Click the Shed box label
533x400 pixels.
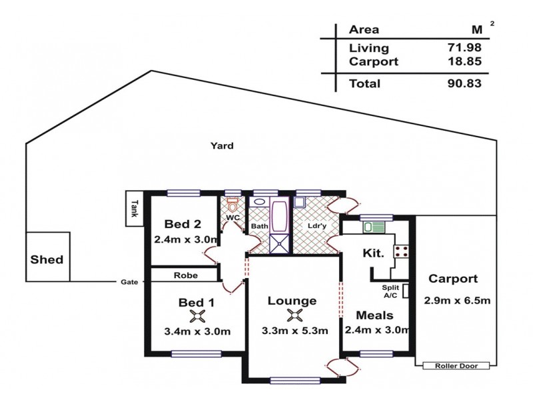[x=47, y=259]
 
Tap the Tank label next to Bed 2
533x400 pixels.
[x=135, y=209]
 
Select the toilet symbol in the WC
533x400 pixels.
[x=232, y=205]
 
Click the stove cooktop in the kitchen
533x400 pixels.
[x=402, y=251]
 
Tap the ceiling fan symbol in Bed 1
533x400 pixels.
[x=197, y=317]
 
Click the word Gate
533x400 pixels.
[x=129, y=282]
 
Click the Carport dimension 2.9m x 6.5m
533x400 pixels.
[x=457, y=300]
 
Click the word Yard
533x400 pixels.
[x=222, y=146]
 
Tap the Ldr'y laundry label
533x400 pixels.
[x=316, y=225]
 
